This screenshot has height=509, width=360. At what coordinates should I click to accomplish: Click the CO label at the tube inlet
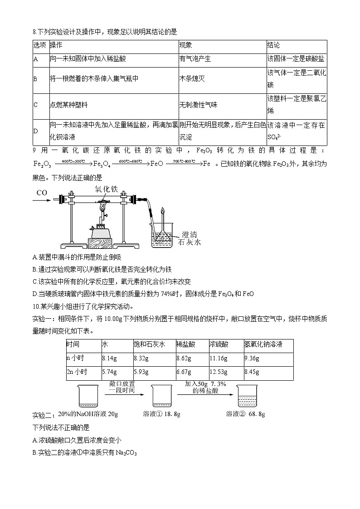coord(42,193)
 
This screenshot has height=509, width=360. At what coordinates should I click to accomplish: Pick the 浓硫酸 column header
coord(218,344)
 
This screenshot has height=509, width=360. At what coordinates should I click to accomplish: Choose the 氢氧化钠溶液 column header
coord(263,344)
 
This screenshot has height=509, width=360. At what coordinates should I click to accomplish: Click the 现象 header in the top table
coord(185,45)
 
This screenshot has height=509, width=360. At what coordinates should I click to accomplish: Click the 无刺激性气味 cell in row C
coord(198,105)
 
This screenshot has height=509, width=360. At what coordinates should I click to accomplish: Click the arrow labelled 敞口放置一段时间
coord(122,394)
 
